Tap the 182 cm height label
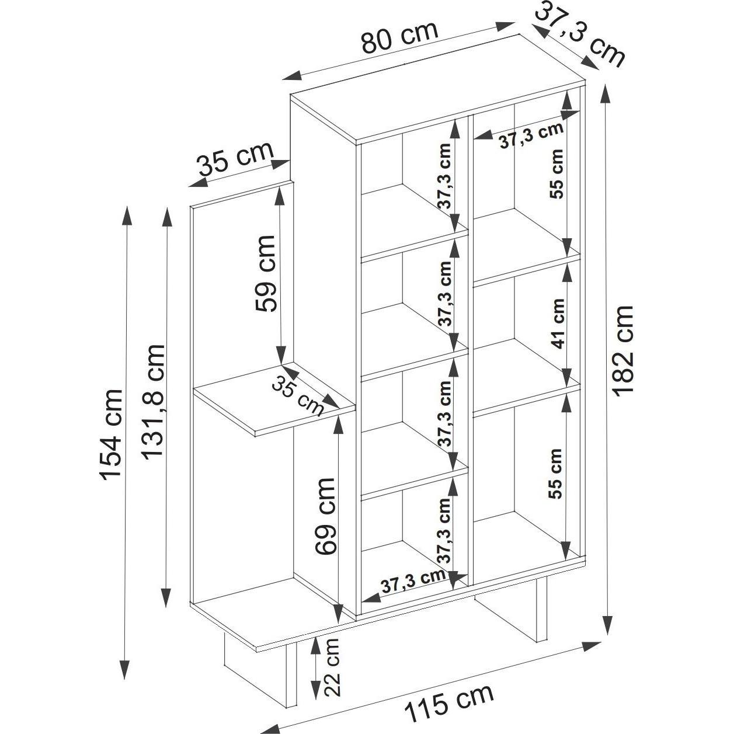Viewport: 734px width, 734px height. [x=624, y=351]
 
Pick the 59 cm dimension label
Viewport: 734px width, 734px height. [x=265, y=273]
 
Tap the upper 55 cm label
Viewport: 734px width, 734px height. [x=557, y=173]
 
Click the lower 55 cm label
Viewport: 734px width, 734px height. [x=555, y=474]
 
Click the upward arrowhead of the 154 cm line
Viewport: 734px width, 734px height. [x=126, y=218]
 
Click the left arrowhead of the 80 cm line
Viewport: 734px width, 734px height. [x=293, y=75]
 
